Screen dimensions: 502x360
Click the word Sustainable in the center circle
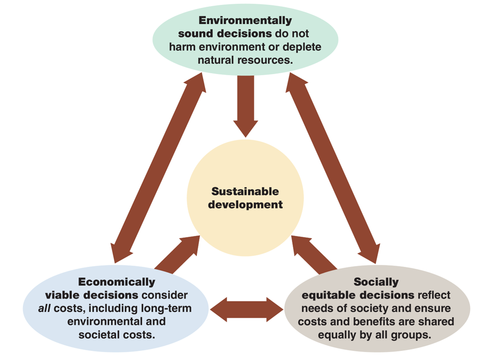click(245, 192)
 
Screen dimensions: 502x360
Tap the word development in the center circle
click(245, 205)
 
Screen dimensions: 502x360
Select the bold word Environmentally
click(245, 21)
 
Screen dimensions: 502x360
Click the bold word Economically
click(117, 282)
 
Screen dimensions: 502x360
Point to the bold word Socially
click(376, 282)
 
